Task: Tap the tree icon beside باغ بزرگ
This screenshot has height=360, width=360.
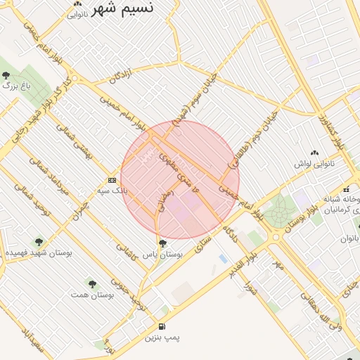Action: point(6,75)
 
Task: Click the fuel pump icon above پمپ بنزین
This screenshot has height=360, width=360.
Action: point(162,326)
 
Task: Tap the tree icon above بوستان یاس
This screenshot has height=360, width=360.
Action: point(163,243)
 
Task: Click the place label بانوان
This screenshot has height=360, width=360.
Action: point(349,238)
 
